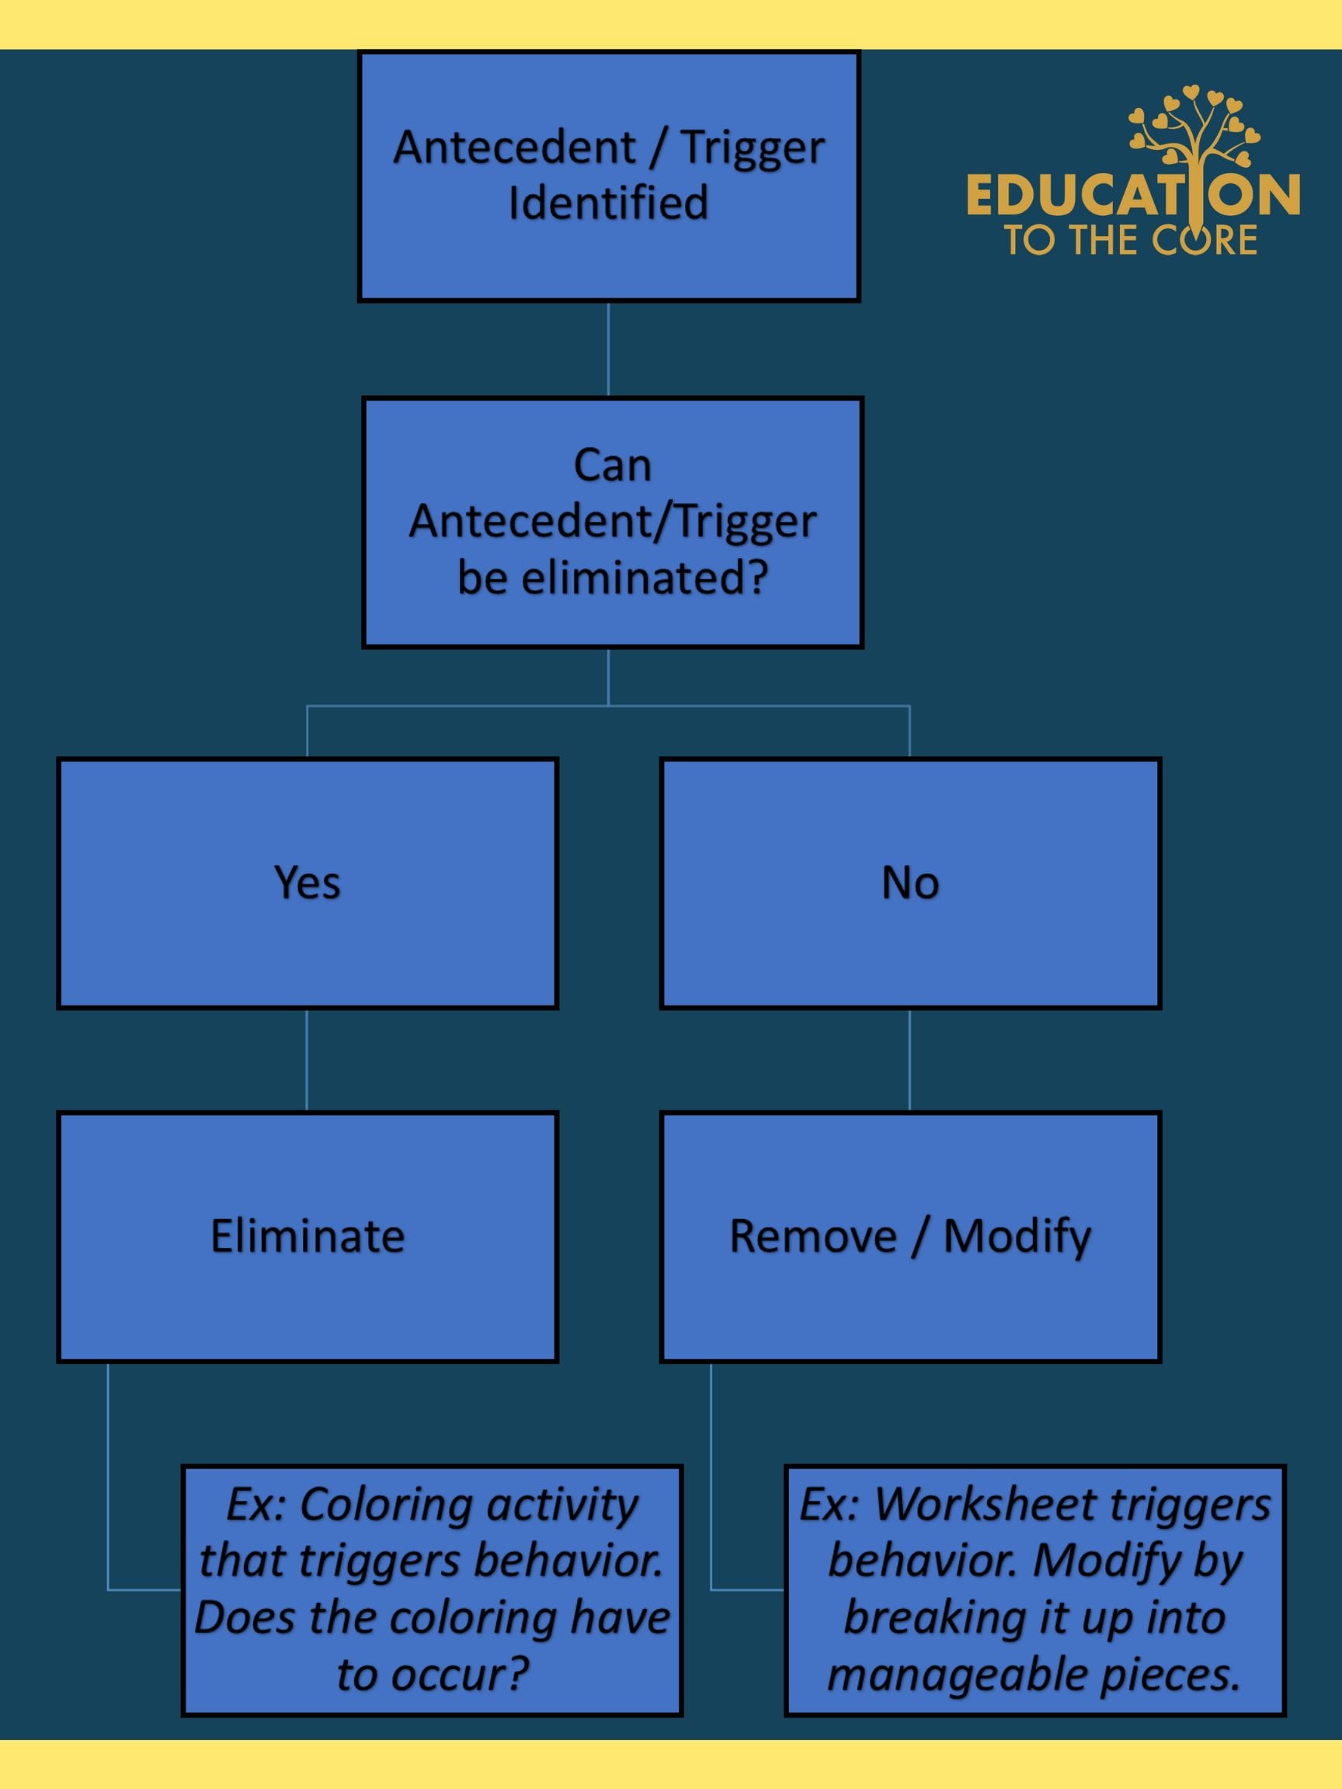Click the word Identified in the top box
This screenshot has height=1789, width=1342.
[x=608, y=202]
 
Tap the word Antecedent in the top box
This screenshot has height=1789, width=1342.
[x=514, y=148]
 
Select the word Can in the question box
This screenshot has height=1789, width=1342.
[x=612, y=466]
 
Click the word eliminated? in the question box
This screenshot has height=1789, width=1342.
[x=644, y=578]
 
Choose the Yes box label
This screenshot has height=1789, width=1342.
[x=308, y=882]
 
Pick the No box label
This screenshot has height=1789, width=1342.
[x=910, y=882]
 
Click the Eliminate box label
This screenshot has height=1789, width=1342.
[x=308, y=1237]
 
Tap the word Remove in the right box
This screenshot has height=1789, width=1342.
[x=813, y=1237]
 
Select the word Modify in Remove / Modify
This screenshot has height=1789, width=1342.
[x=1017, y=1237]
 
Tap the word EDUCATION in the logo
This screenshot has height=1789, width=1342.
[x=1132, y=196]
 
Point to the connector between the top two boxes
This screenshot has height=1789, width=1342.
[x=608, y=349]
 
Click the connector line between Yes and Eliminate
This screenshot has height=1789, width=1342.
[x=307, y=1061]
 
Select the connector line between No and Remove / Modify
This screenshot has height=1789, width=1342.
[x=910, y=1061]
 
